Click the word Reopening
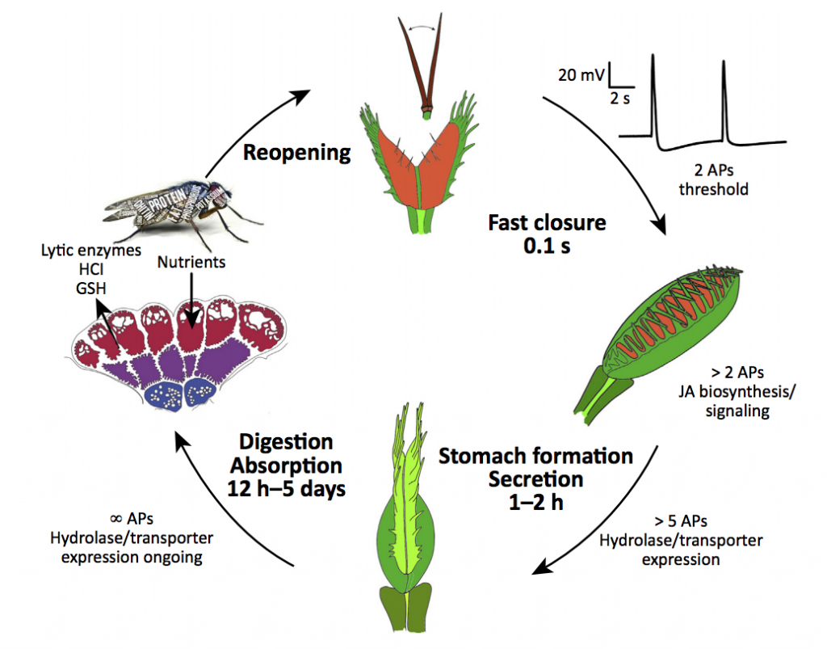click(298, 152)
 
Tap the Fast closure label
click(547, 223)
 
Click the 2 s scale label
click(621, 98)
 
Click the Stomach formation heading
click(535, 456)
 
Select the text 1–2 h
click(535, 501)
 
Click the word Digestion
click(285, 442)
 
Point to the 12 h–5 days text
click(285, 488)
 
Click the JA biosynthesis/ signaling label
click(724, 402)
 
